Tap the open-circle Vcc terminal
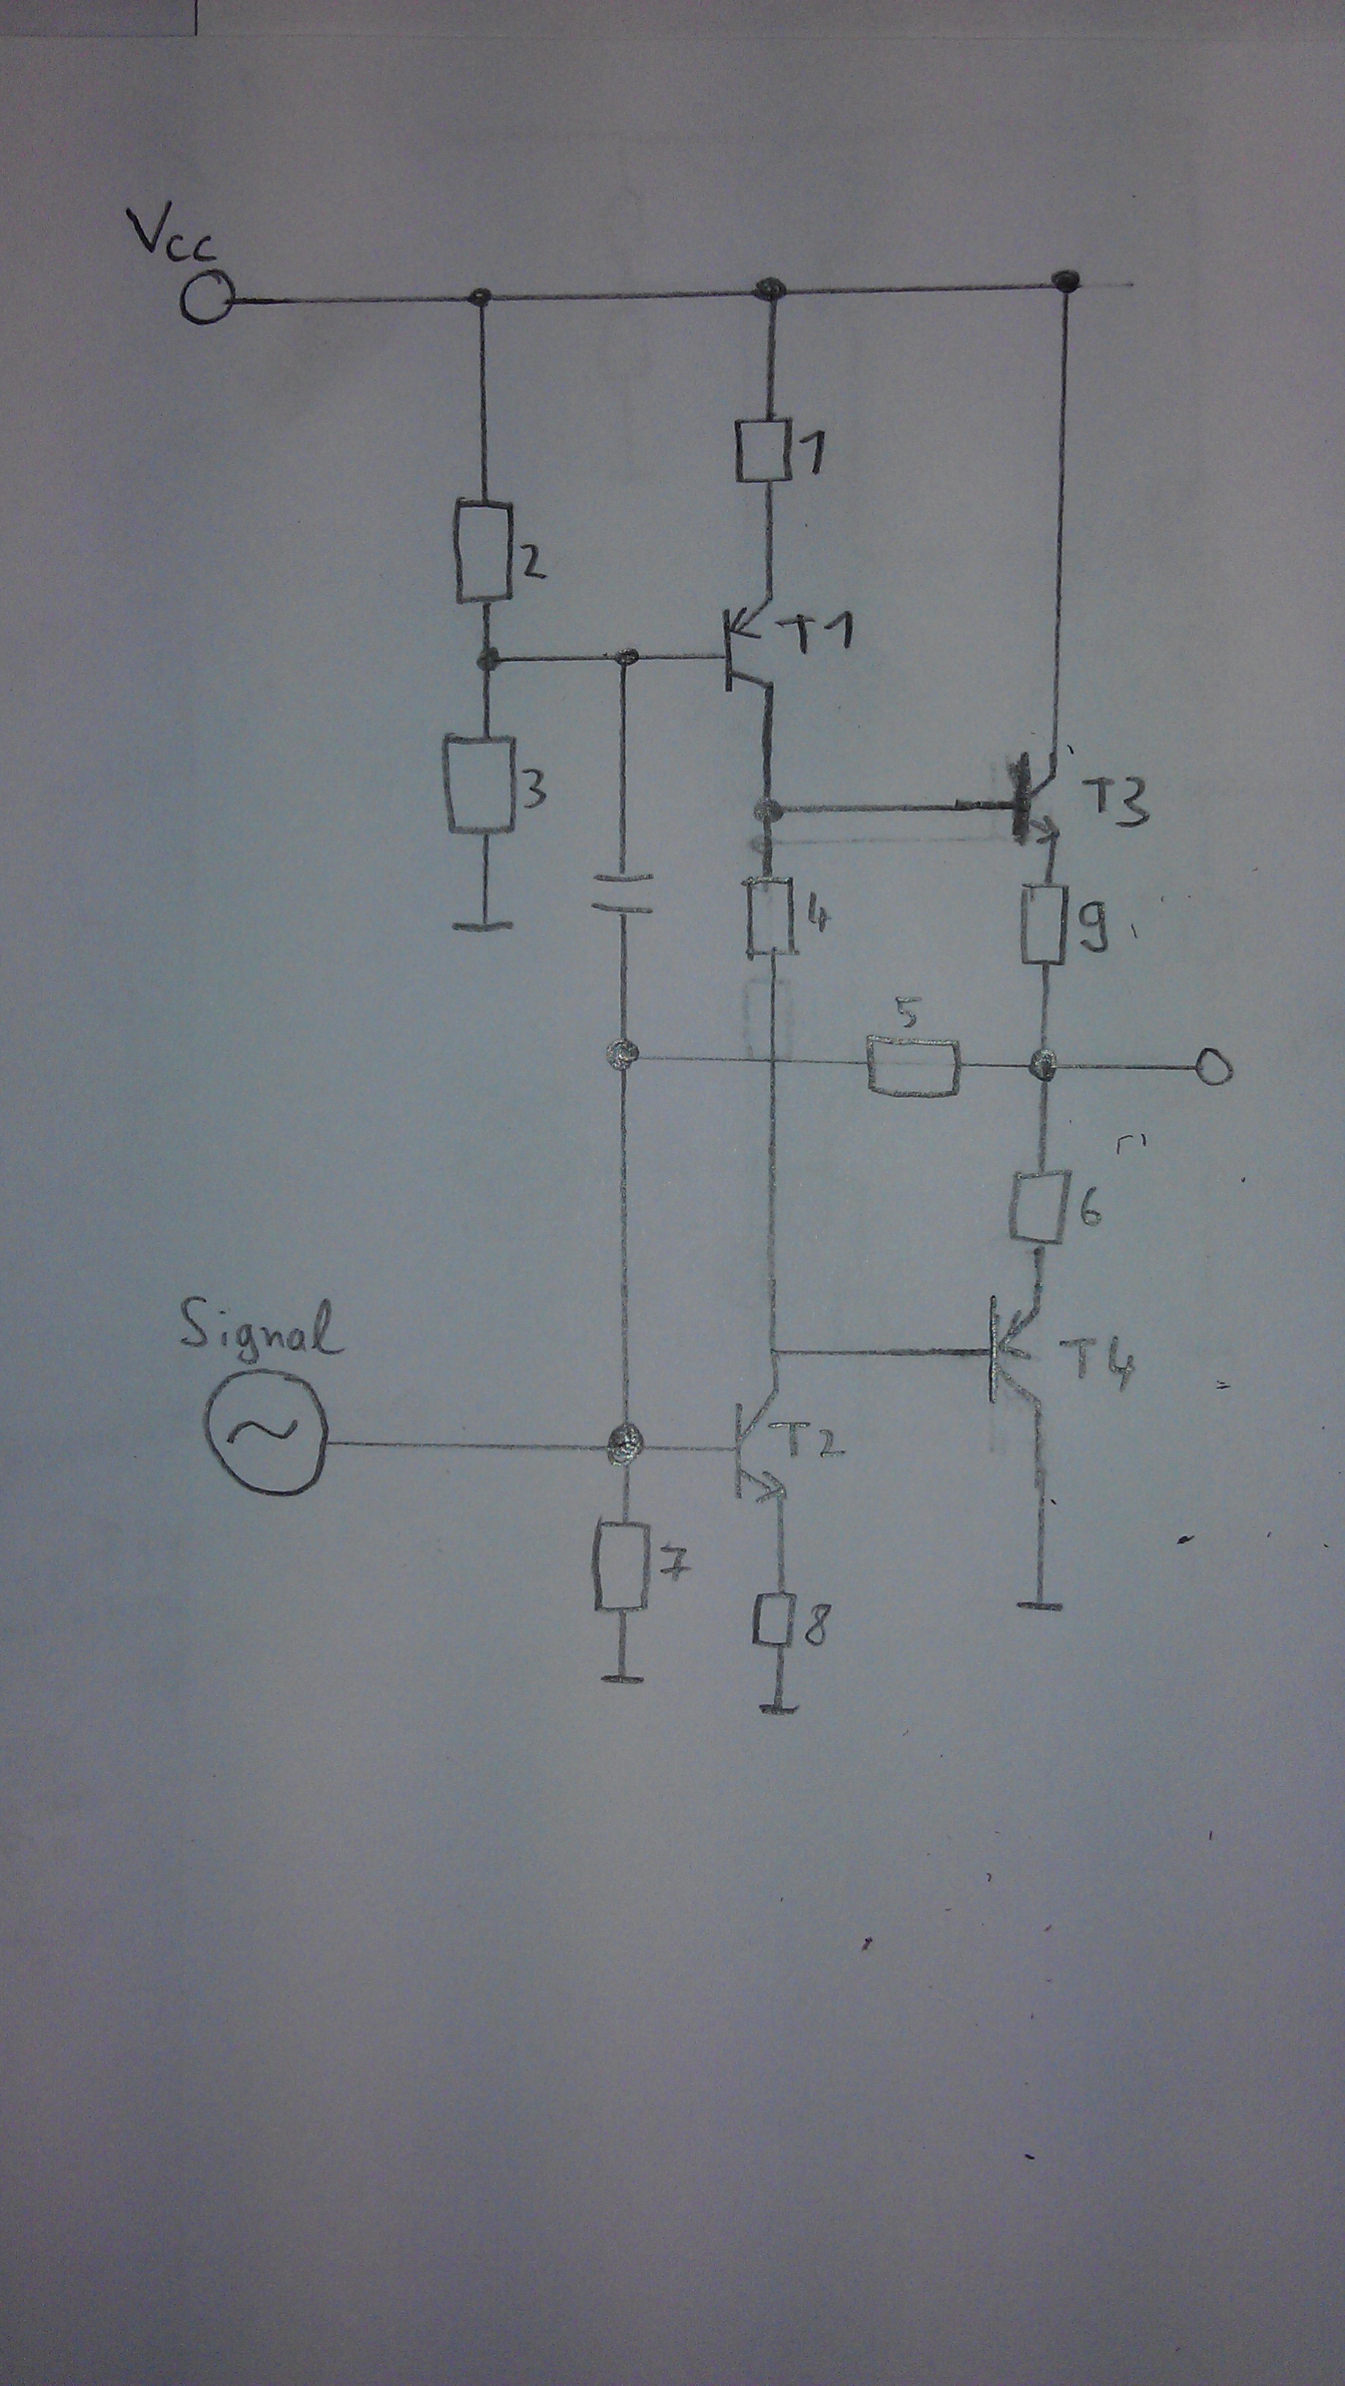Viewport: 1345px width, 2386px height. tap(205, 300)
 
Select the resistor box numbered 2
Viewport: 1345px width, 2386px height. tap(483, 551)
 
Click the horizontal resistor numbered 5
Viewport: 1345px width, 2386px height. tap(913, 1069)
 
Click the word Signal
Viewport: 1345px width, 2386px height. tap(260, 1330)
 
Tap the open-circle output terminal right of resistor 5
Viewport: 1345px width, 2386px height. tap(1214, 1069)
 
